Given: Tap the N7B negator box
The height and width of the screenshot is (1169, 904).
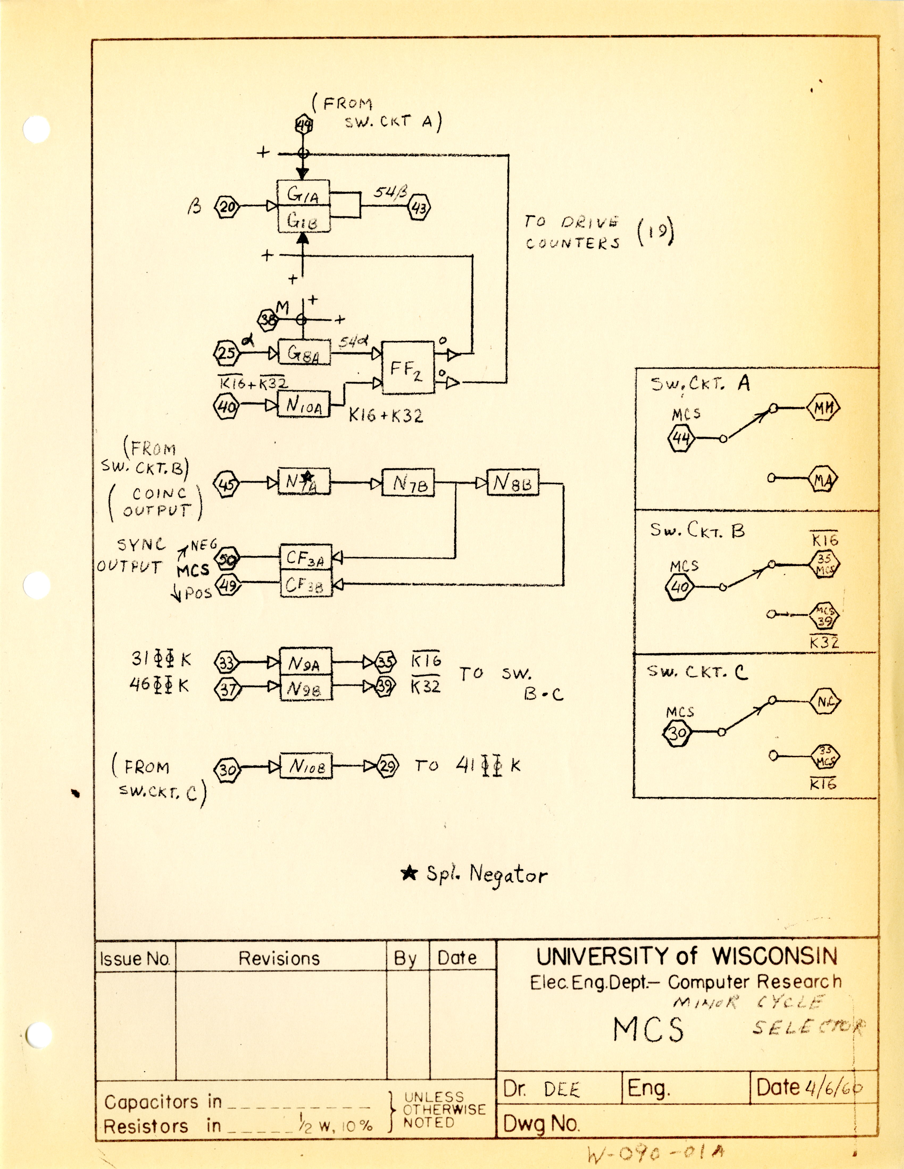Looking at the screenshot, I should point(407,483).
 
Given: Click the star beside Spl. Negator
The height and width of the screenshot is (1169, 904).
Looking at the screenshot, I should point(409,873).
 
